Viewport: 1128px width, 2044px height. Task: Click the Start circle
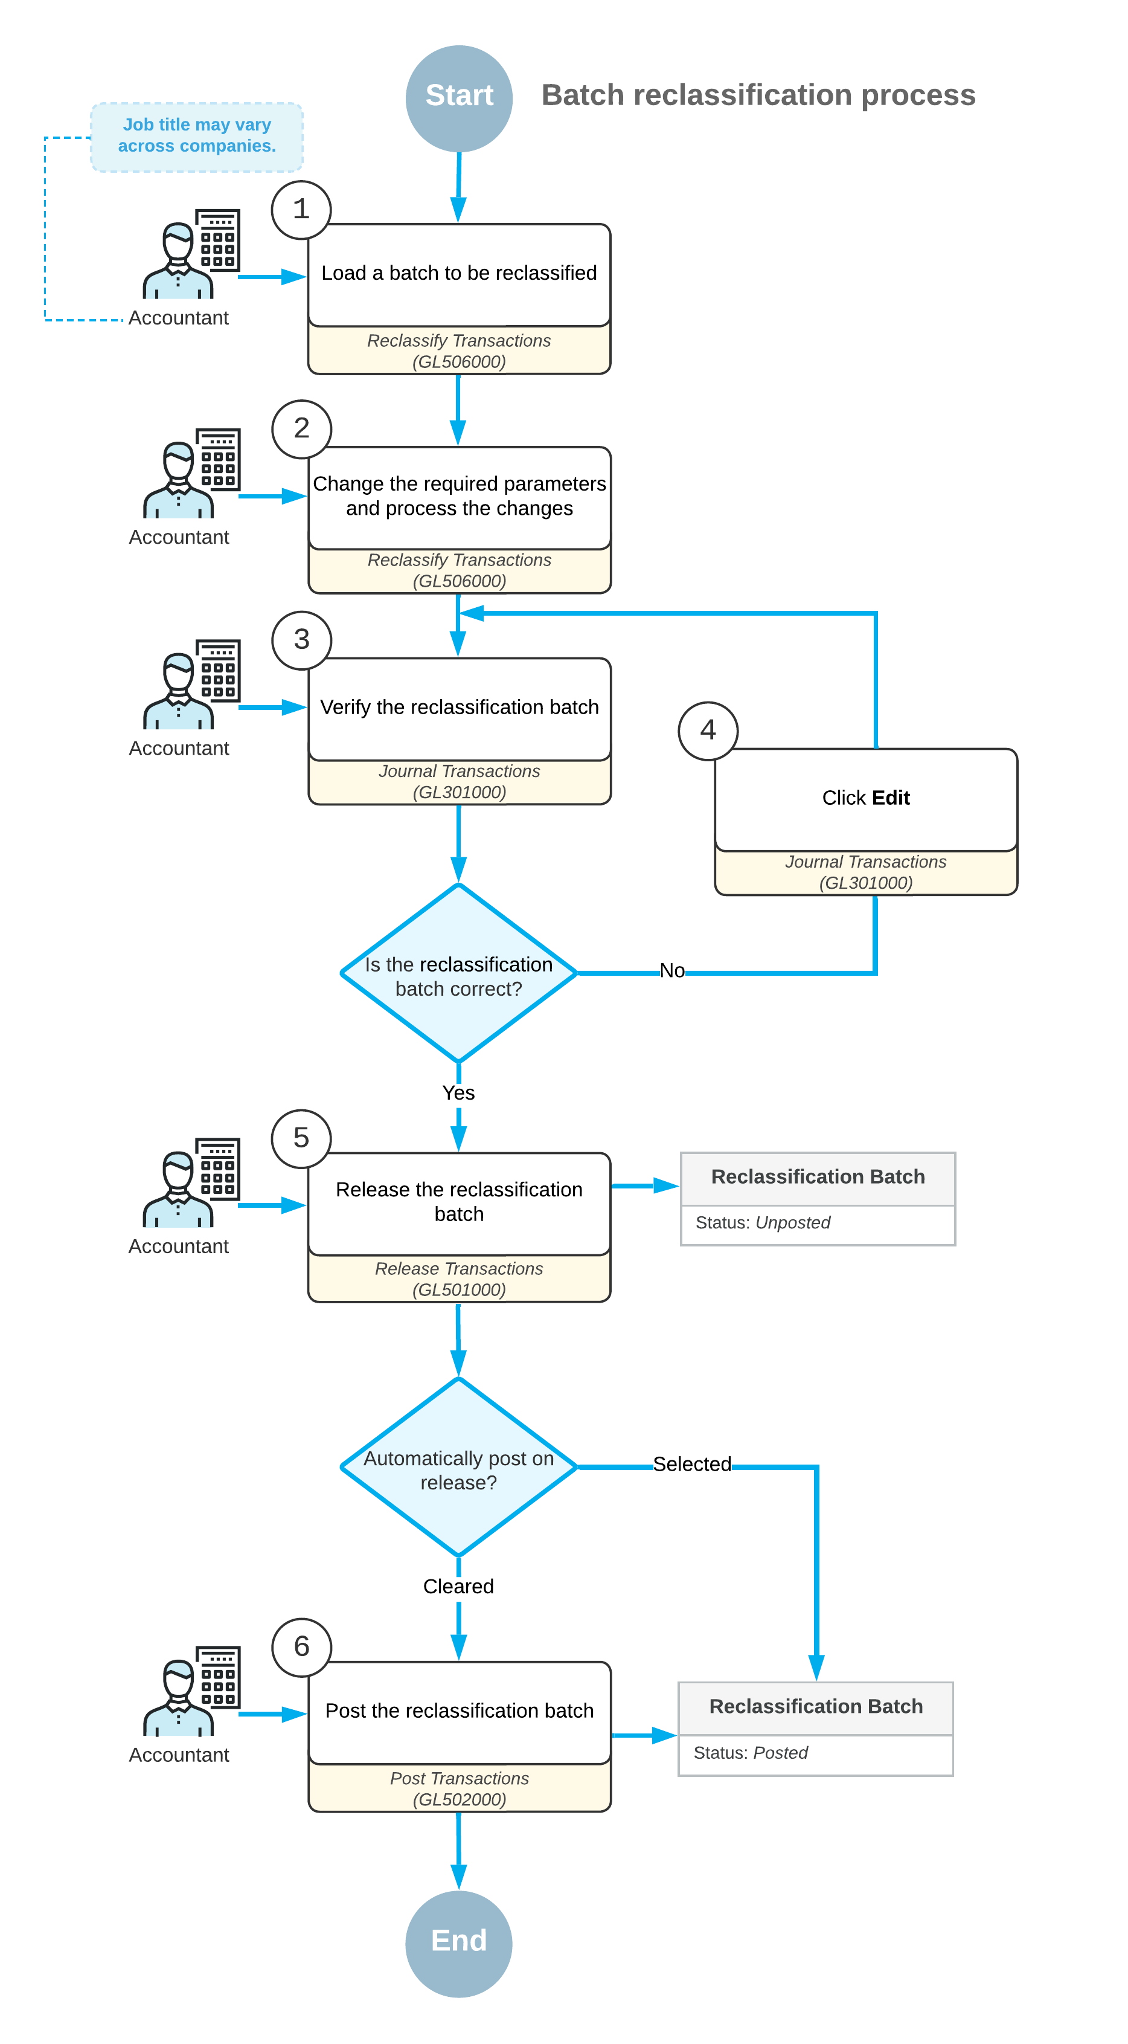tap(458, 98)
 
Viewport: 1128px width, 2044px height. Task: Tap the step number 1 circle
tap(301, 210)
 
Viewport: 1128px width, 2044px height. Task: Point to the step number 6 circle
tap(301, 1647)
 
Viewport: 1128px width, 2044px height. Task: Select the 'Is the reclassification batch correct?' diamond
tap(458, 973)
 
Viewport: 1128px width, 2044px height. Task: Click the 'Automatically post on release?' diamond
tap(458, 1467)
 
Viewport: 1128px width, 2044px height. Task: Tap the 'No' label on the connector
tap(672, 970)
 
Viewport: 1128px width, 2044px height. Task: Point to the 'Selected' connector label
tap(691, 1464)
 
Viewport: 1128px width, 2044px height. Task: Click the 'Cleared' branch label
tap(458, 1586)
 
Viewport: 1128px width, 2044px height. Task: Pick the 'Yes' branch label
tap(458, 1092)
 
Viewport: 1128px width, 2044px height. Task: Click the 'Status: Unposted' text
tap(762, 1223)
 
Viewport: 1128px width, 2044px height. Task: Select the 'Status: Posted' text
tap(751, 1753)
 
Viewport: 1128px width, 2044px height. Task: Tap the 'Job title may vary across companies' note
tap(197, 137)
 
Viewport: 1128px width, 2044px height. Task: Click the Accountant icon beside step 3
tap(191, 684)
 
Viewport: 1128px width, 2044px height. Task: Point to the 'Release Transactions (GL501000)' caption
tap(458, 1279)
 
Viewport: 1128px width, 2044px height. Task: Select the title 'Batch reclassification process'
tap(758, 95)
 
